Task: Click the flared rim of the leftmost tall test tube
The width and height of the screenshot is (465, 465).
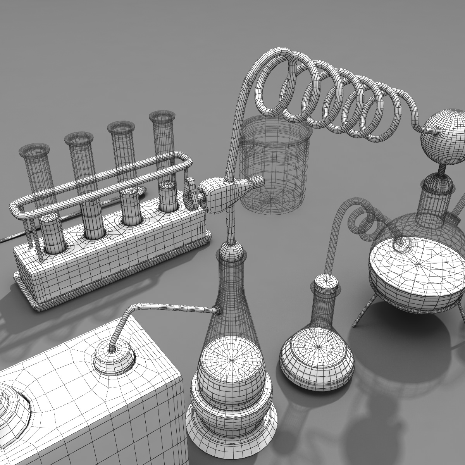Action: point(34,149)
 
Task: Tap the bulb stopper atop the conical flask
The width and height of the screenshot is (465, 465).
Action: point(232,252)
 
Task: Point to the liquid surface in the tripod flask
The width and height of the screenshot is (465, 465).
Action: point(417,263)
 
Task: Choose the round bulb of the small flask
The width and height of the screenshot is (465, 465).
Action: point(317,355)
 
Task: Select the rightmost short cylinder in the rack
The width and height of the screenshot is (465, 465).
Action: point(168,196)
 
